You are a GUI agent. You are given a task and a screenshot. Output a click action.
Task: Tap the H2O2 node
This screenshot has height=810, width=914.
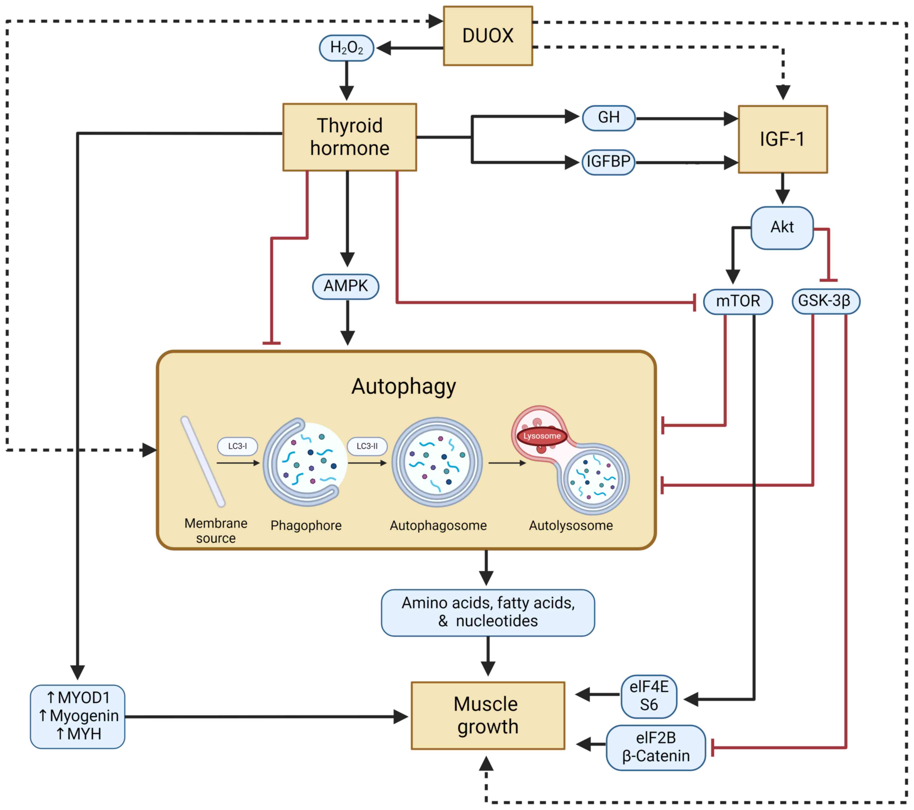click(347, 48)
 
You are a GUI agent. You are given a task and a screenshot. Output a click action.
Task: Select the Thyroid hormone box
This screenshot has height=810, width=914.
click(350, 137)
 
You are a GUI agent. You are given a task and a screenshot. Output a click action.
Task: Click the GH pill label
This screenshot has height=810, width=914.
click(609, 118)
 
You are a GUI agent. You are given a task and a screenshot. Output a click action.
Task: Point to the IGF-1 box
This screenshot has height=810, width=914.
click(783, 139)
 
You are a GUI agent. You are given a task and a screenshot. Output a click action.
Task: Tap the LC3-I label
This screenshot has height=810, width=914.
click(237, 446)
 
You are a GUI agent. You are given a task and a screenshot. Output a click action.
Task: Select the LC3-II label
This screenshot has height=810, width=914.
click(367, 446)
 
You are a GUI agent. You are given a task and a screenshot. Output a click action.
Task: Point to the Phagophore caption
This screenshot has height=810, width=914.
click(306, 525)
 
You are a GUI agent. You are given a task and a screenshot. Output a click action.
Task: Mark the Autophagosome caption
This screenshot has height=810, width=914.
click(438, 525)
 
